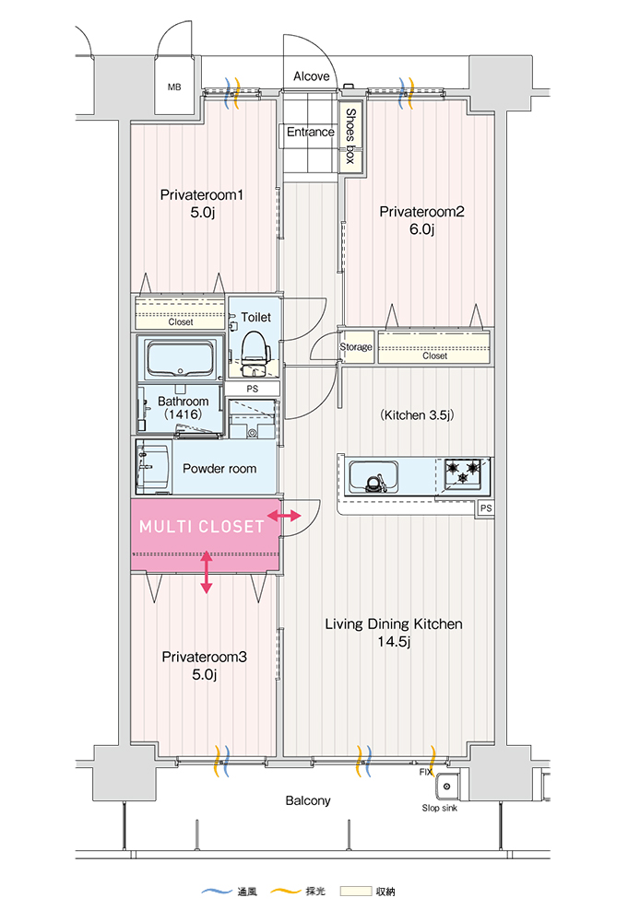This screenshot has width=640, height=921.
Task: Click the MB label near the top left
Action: click(174, 87)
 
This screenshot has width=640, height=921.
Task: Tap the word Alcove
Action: click(311, 76)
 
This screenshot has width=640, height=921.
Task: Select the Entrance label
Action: click(310, 132)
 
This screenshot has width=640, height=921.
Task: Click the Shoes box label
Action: click(350, 137)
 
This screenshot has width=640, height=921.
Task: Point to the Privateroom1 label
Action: click(202, 194)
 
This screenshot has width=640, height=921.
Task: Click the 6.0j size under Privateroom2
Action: click(421, 229)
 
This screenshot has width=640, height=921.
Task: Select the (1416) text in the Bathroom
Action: click(183, 416)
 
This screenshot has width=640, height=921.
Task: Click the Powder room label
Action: click(219, 469)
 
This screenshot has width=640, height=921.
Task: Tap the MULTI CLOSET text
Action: click(202, 527)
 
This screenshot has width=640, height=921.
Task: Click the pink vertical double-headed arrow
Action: click(206, 571)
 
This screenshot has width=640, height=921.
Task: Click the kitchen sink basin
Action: click(373, 477)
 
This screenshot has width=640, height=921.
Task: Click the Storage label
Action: click(356, 347)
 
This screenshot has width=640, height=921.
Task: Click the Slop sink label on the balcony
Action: click(440, 809)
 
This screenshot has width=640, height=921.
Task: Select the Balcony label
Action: click(307, 800)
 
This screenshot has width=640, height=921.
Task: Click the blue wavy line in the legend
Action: click(217, 892)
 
